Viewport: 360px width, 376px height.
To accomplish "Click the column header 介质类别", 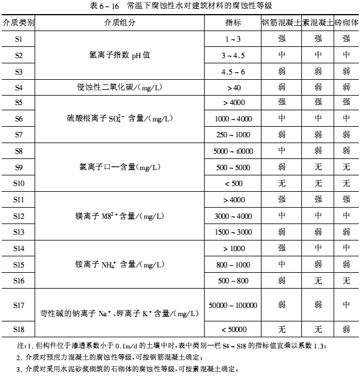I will click(18, 24).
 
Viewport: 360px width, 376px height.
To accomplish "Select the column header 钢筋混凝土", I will click(281, 24).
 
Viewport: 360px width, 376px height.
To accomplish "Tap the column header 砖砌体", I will click(345, 24).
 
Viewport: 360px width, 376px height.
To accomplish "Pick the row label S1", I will click(18, 39).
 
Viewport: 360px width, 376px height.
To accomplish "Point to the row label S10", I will click(18, 183).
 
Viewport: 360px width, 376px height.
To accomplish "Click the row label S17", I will click(18, 305).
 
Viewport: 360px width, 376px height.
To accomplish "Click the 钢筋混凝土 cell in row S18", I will click(281, 328).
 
